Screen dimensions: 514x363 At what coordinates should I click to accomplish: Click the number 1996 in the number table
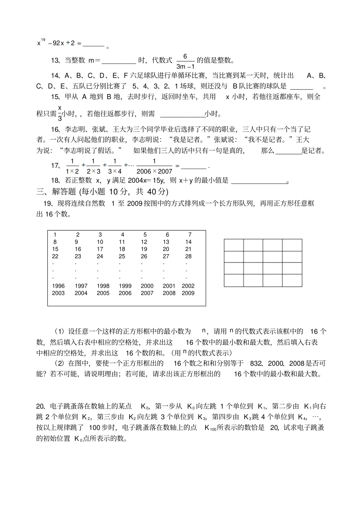(x=58, y=286)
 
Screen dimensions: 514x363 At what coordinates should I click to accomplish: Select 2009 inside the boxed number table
(x=188, y=293)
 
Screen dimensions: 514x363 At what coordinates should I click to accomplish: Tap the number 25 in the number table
(x=122, y=256)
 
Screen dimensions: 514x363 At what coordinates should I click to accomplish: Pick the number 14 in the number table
(x=188, y=242)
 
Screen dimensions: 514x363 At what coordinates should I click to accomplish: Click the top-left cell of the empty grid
(x=234, y=245)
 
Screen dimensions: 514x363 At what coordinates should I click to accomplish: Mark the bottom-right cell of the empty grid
(x=292, y=281)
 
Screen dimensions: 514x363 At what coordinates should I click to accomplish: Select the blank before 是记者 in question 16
(x=288, y=151)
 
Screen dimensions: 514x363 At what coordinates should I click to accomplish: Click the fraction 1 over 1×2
(x=72, y=166)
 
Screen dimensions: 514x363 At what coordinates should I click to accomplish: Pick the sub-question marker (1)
(x=60, y=331)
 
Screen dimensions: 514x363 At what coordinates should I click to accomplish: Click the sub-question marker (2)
(x=60, y=363)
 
